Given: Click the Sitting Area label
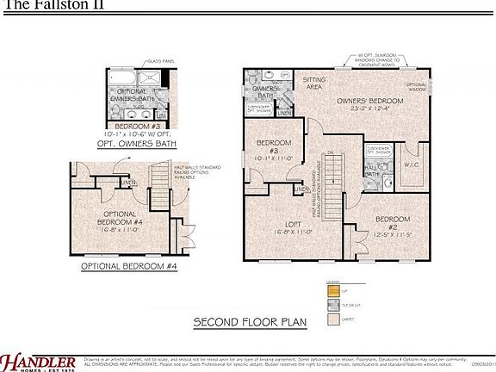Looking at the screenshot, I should pos(313,83).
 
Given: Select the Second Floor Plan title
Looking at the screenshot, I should pos(250,322).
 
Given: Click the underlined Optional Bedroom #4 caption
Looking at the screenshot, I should pos(128,267).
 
